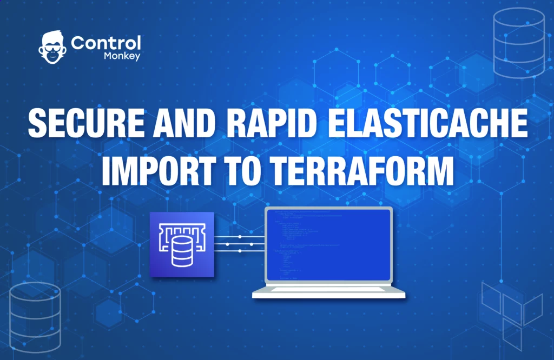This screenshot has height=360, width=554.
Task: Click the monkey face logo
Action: (x=52, y=48)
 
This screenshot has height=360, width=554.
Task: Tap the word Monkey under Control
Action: (x=123, y=56)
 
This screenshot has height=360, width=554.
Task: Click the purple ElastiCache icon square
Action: (x=182, y=244)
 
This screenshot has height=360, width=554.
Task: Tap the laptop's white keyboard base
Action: (x=329, y=292)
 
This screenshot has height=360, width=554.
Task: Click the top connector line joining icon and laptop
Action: (x=239, y=236)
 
